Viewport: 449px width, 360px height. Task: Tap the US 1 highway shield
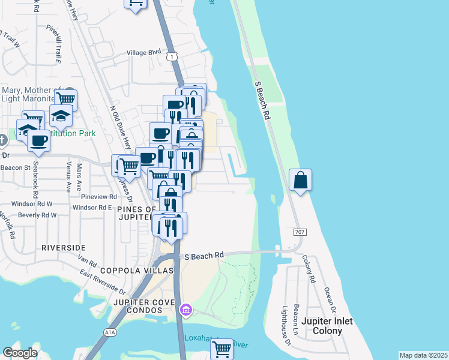(x=172, y=56)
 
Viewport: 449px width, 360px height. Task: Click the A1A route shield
(x=109, y=332)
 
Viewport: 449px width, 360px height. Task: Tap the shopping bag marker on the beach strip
(x=300, y=181)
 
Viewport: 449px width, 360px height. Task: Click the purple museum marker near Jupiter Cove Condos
(x=185, y=310)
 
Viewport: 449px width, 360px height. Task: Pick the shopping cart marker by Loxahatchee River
(x=221, y=348)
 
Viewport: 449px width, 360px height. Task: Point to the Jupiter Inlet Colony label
(x=327, y=326)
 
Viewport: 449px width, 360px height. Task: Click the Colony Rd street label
(x=309, y=269)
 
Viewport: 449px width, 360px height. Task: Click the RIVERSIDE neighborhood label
(x=64, y=247)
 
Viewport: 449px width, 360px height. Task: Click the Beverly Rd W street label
(x=37, y=215)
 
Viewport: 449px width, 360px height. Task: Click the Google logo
(x=20, y=353)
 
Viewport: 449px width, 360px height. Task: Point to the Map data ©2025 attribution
(x=423, y=355)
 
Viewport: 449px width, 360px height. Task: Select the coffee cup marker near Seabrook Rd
(x=38, y=142)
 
